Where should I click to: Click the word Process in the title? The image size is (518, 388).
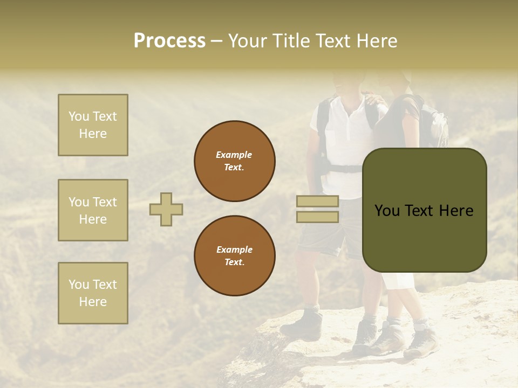click(169, 41)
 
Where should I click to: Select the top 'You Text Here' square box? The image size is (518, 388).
click(93, 125)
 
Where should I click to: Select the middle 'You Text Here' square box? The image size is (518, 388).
click(93, 210)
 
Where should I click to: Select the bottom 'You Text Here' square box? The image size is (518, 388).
click(93, 293)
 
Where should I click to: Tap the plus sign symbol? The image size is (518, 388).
click(166, 209)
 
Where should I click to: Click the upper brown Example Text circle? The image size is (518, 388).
click(235, 161)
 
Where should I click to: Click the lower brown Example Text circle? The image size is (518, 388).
click(235, 255)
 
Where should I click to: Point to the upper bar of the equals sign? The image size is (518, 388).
click(317, 202)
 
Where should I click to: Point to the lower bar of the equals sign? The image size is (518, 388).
click(317, 217)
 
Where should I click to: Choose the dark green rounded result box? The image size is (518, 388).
click(424, 210)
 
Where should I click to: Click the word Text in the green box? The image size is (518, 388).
click(424, 211)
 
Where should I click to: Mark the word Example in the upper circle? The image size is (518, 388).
click(234, 155)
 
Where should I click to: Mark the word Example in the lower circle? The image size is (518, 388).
click(234, 250)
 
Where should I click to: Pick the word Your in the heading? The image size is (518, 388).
click(247, 41)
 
